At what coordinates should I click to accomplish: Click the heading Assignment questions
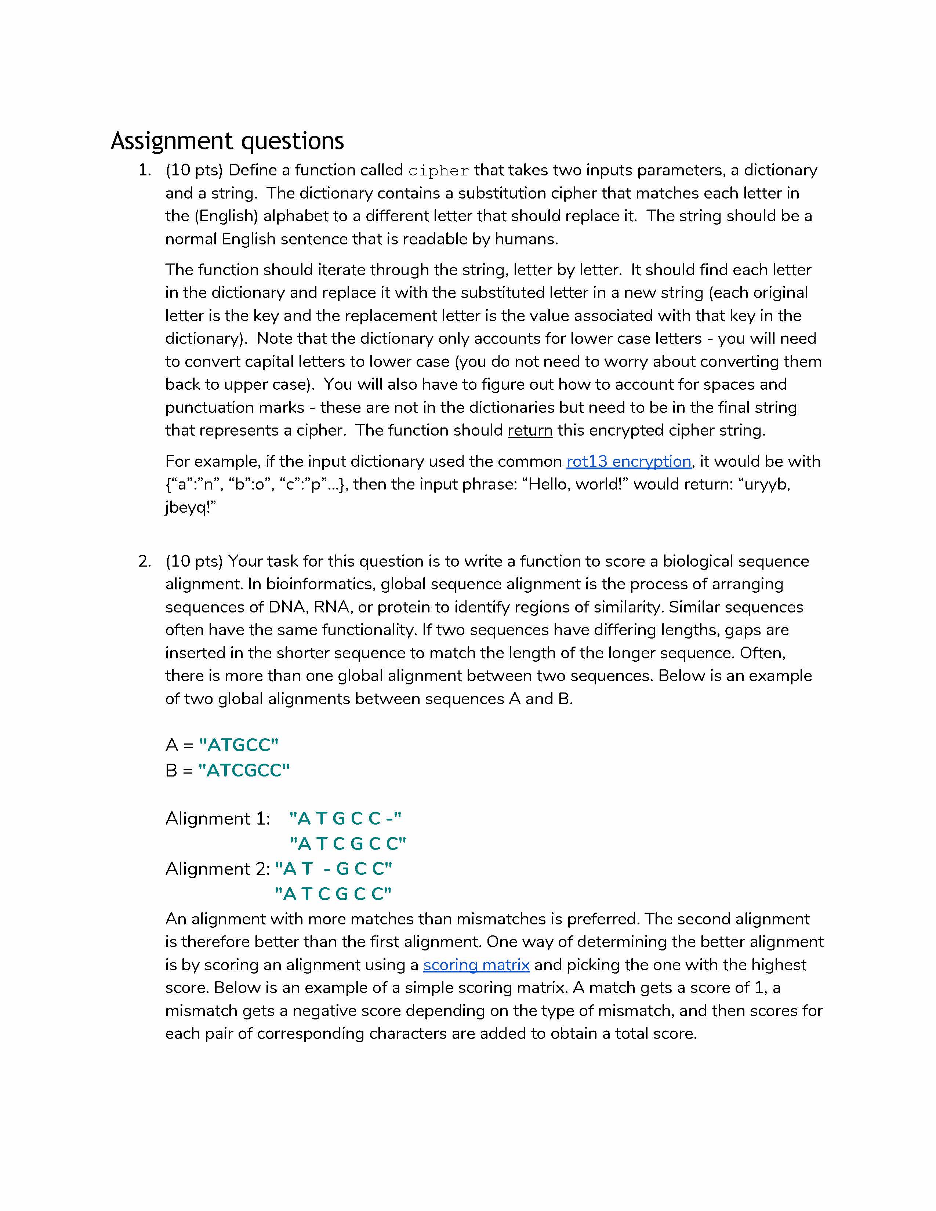click(227, 141)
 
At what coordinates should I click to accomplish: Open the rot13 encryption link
click(628, 461)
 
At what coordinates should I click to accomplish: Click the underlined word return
click(530, 430)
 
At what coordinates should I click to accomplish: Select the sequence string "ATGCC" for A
click(239, 745)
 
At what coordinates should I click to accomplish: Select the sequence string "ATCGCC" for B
click(244, 770)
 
